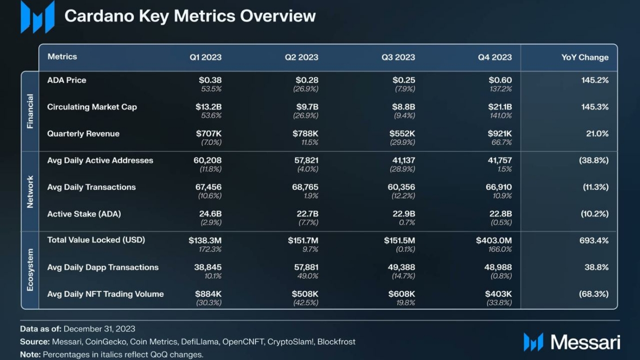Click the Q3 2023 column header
398,58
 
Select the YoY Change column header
584,58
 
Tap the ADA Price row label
67,80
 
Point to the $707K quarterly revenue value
209,134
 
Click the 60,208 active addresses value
207,161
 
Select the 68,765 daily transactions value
306,187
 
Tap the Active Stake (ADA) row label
84,214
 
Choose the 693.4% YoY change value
594,240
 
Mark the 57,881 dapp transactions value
306,268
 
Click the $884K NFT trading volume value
209,294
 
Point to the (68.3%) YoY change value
594,294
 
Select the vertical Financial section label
30,111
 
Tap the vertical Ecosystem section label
30,270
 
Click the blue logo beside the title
37,17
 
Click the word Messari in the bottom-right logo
585,342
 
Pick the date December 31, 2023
99,329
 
